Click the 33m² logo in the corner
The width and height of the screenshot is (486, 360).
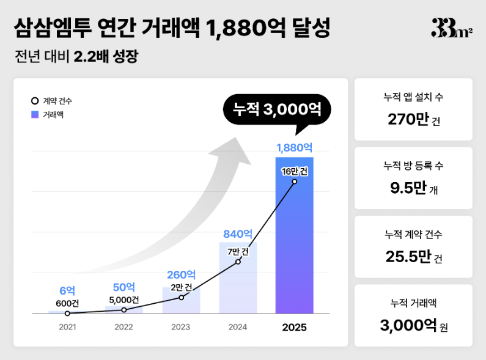(451, 28)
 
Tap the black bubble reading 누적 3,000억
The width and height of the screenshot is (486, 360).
(277, 110)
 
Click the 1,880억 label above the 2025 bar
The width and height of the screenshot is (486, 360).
(294, 148)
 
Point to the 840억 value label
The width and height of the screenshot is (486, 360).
(238, 233)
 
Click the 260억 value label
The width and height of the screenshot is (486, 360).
(181, 275)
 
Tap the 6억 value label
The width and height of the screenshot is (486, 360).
(67, 292)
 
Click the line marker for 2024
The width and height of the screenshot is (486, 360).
(238, 261)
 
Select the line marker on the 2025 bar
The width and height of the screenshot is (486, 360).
(294, 182)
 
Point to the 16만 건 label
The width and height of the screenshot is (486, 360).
(294, 171)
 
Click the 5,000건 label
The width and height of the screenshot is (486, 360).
(124, 299)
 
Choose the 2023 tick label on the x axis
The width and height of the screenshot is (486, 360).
(181, 327)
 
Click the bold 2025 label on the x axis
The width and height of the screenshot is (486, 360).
(294, 327)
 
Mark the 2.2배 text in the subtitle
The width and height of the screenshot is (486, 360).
(91, 57)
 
